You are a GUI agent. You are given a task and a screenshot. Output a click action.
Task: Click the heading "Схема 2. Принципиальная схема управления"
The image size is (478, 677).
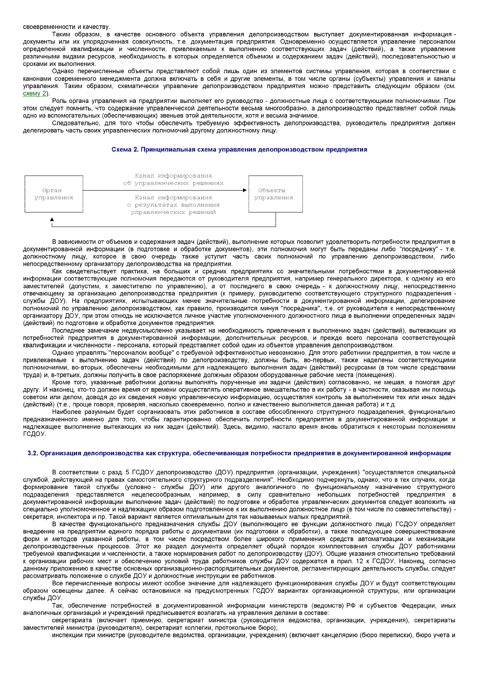(x=239, y=150)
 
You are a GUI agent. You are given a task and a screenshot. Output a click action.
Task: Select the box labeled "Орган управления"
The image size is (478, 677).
(x=53, y=194)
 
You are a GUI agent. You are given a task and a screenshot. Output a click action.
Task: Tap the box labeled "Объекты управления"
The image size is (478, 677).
(x=275, y=194)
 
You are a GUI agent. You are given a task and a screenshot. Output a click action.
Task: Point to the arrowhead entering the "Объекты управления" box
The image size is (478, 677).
(x=245, y=190)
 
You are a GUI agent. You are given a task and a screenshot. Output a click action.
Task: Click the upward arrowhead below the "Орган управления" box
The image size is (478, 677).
(x=52, y=220)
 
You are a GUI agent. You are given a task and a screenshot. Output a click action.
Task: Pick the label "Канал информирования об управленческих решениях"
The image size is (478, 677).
(x=173, y=179)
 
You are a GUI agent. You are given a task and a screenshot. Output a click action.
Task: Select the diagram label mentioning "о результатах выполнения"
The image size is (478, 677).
(x=173, y=205)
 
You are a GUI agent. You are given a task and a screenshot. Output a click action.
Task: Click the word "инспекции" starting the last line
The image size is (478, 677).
(x=66, y=635)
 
